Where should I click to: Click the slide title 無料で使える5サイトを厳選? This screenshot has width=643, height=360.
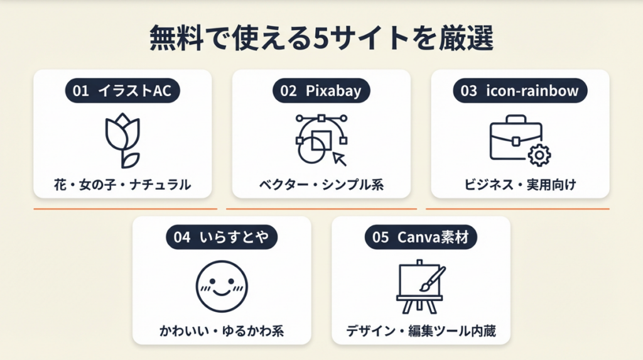tap(321, 39)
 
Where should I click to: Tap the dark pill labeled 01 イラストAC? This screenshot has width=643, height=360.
tap(122, 91)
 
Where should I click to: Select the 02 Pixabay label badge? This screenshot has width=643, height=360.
tap(321, 91)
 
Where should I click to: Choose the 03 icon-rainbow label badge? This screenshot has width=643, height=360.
tap(519, 91)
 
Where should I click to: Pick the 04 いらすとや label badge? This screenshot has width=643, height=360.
tap(222, 237)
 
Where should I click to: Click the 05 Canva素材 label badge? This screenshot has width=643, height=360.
tap(420, 237)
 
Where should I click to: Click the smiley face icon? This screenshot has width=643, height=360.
tap(222, 286)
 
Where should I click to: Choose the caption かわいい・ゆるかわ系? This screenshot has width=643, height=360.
tap(222, 330)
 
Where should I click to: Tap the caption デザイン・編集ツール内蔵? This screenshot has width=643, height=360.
tap(420, 330)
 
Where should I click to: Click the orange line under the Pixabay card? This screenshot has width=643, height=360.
tap(321, 209)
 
